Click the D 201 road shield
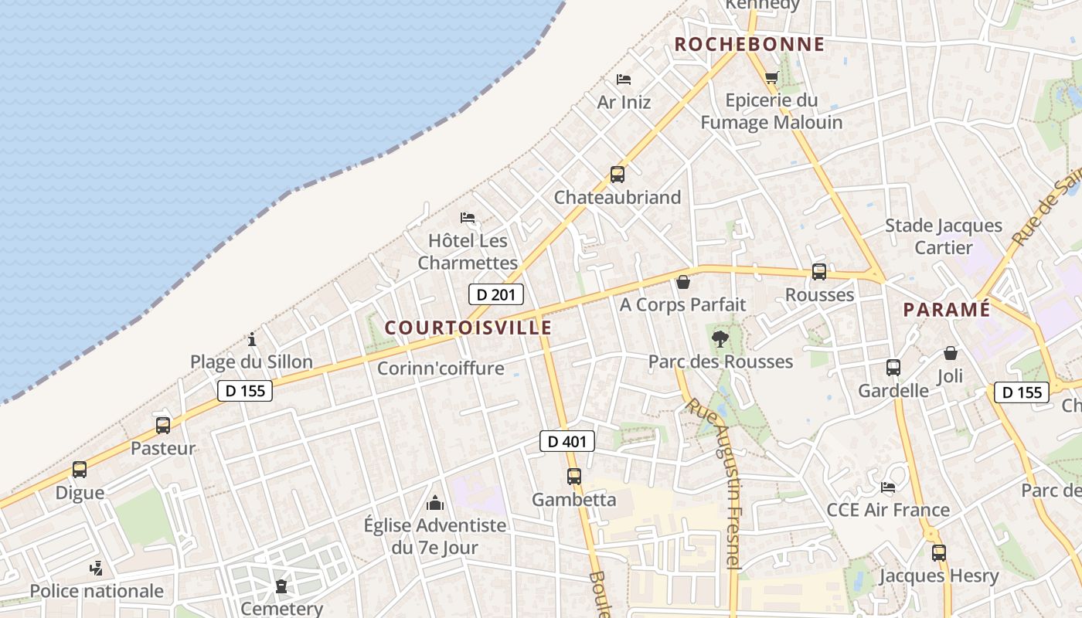click(x=496, y=294)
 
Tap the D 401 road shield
click(x=567, y=441)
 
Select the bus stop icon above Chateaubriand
click(x=617, y=175)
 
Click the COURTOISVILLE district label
click(x=468, y=328)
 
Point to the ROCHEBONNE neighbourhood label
click(x=750, y=44)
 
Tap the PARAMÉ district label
click(x=947, y=310)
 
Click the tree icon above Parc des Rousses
click(x=720, y=338)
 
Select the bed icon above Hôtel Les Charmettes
click(x=468, y=218)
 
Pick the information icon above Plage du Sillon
click(x=252, y=339)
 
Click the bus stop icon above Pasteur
click(x=163, y=425)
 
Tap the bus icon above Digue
click(x=80, y=470)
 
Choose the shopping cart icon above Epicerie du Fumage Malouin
click(x=771, y=77)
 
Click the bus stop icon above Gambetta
click(x=573, y=477)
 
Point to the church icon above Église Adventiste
click(x=435, y=504)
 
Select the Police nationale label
click(x=97, y=591)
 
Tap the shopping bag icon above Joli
click(x=950, y=353)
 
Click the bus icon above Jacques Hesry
click(x=939, y=553)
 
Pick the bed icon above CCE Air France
click(x=888, y=487)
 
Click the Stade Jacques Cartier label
click(x=943, y=236)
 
